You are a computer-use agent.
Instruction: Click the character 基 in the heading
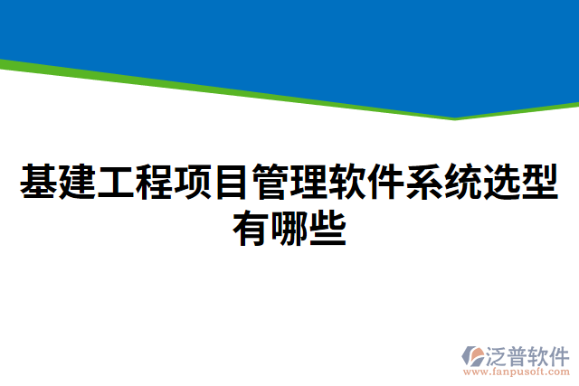(39, 183)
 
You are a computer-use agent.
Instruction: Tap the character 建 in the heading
(78, 183)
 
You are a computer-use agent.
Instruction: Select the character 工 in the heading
(116, 183)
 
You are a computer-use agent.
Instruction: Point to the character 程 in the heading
(155, 183)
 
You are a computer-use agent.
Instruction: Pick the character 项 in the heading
(194, 183)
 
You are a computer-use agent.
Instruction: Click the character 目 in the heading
(232, 183)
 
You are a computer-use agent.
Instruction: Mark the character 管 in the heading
(271, 183)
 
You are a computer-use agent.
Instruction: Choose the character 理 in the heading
(308, 183)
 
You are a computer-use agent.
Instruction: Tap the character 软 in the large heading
(347, 183)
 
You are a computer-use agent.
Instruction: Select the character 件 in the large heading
(386, 183)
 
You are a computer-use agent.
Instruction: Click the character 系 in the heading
(424, 183)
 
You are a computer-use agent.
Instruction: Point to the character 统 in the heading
(463, 183)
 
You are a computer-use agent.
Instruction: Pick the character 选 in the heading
(501, 183)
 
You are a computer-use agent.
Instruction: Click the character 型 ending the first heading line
(540, 183)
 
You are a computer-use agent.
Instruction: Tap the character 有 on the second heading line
(252, 228)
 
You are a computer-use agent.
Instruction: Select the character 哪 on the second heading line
(289, 228)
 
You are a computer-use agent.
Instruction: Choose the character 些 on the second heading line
(327, 228)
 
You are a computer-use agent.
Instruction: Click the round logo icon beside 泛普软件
(475, 356)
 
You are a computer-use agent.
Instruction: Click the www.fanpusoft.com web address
(517, 372)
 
